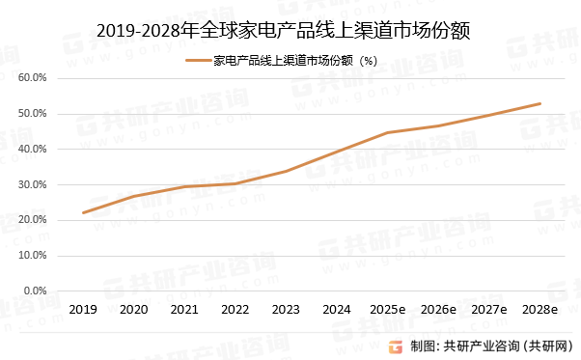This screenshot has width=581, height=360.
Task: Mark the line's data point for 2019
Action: pos(83,212)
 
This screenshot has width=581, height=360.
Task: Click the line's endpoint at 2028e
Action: pos(539,103)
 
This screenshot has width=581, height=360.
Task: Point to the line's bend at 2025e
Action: pos(387,132)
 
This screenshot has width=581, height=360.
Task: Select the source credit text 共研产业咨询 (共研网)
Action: pos(507,346)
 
